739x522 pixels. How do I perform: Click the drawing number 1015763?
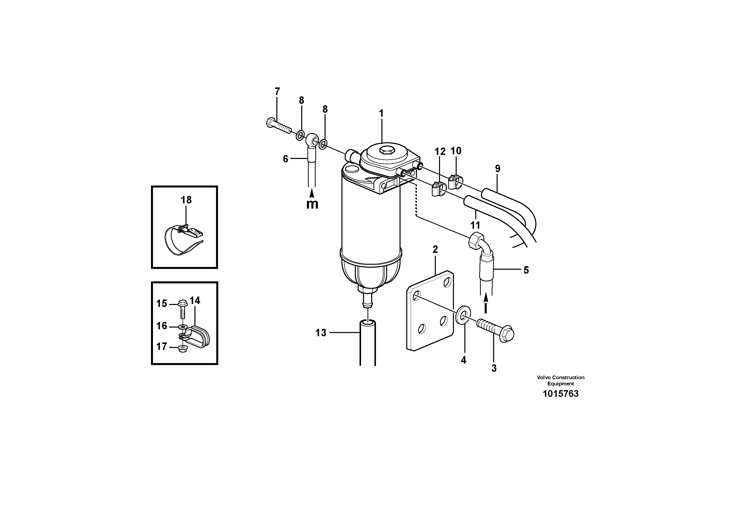click(x=560, y=394)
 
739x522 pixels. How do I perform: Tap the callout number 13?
click(x=321, y=333)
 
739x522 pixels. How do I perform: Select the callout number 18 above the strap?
click(x=186, y=200)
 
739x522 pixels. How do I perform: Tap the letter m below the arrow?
click(x=312, y=204)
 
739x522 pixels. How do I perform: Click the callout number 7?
click(x=277, y=91)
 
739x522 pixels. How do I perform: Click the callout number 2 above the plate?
click(x=435, y=249)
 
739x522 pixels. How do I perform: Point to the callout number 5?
click(x=526, y=270)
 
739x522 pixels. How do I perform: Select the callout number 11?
click(x=475, y=225)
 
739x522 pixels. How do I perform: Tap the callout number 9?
click(x=498, y=168)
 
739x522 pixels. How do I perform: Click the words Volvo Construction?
click(x=560, y=377)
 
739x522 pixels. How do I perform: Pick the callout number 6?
click(x=286, y=159)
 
